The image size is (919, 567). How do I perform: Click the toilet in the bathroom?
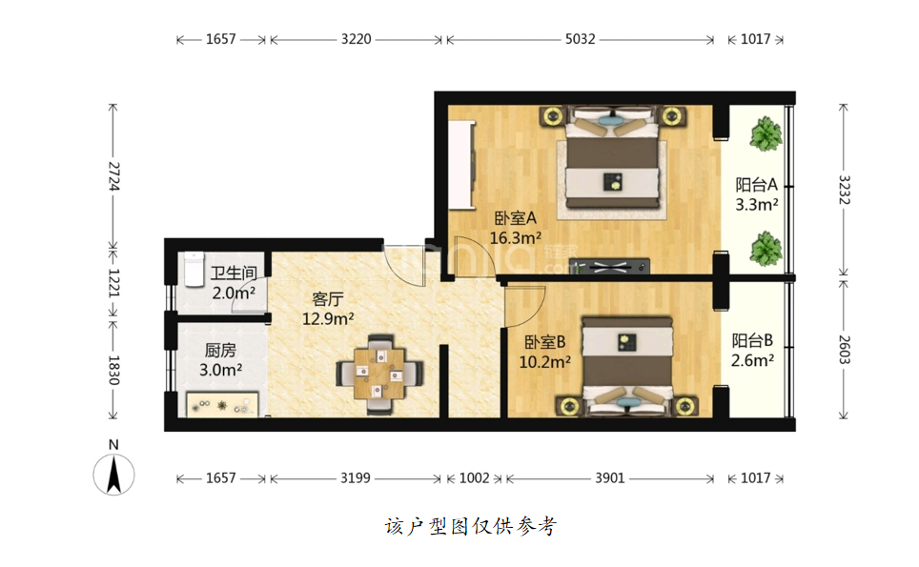pos(193,269)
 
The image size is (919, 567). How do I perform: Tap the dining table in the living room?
pos(379,374)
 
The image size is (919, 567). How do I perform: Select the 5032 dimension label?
pos(580,39)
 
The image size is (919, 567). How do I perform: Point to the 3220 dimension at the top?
pos(356,39)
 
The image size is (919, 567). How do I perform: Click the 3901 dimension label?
pos(610,478)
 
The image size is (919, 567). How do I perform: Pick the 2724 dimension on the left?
pos(113,175)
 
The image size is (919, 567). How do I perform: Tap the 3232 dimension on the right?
pos(844,190)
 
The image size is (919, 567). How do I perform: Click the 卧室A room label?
pos(515,218)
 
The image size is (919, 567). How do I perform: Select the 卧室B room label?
pos(544,342)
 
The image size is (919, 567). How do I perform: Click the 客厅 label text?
pos(328,299)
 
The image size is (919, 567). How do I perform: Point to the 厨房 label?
pos(220,351)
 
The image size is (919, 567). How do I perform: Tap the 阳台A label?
pos(757,185)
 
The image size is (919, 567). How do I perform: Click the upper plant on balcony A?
pos(766,134)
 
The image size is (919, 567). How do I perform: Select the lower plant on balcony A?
pos(766,249)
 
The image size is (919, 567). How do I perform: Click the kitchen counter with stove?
pos(222,404)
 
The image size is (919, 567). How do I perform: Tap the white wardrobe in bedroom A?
pos(461,165)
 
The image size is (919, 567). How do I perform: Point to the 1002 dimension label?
pos(474,478)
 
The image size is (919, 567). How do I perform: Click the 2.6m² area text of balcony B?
pos(752,360)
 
